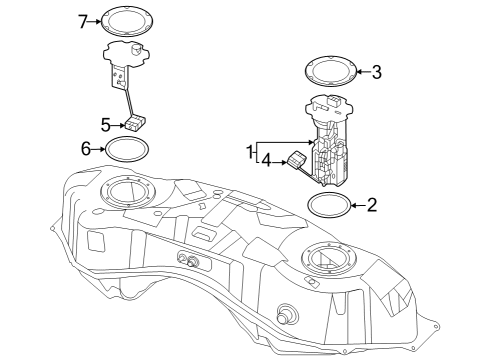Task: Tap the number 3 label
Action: click(x=376, y=71)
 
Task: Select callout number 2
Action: click(x=372, y=206)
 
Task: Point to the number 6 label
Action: click(x=86, y=148)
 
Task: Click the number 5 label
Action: click(x=105, y=124)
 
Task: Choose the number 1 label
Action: click(x=250, y=150)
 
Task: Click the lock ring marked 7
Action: click(x=128, y=19)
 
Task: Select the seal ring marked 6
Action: click(x=127, y=150)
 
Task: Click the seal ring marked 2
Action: click(x=330, y=206)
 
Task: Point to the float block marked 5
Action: click(x=135, y=124)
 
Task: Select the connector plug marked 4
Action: click(x=297, y=158)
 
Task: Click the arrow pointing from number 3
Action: click(x=361, y=72)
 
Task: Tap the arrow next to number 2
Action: click(x=358, y=206)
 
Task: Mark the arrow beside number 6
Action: click(x=100, y=149)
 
